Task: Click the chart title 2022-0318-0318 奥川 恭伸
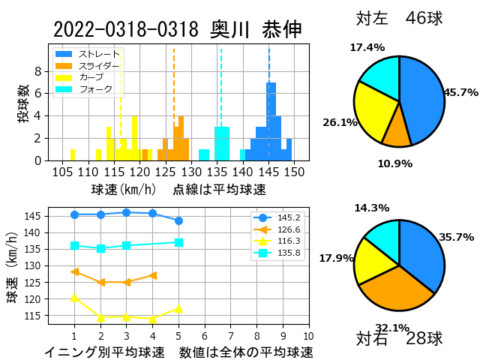click(x=178, y=30)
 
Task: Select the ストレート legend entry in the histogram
click(x=87, y=54)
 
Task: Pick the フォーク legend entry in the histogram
click(x=84, y=89)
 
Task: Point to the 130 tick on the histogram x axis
click(x=192, y=172)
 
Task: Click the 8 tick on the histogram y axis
click(x=38, y=71)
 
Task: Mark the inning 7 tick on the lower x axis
click(x=231, y=337)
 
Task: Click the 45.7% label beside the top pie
click(x=461, y=92)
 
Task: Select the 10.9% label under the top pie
click(x=395, y=163)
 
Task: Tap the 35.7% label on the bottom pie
click(x=457, y=237)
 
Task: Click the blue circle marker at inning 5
click(x=178, y=220)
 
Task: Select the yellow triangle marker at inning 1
click(x=74, y=297)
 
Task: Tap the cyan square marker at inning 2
click(x=100, y=248)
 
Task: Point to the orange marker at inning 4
click(x=153, y=275)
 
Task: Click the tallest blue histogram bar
click(x=271, y=121)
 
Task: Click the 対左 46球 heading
click(x=400, y=18)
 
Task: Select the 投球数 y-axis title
click(x=23, y=103)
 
